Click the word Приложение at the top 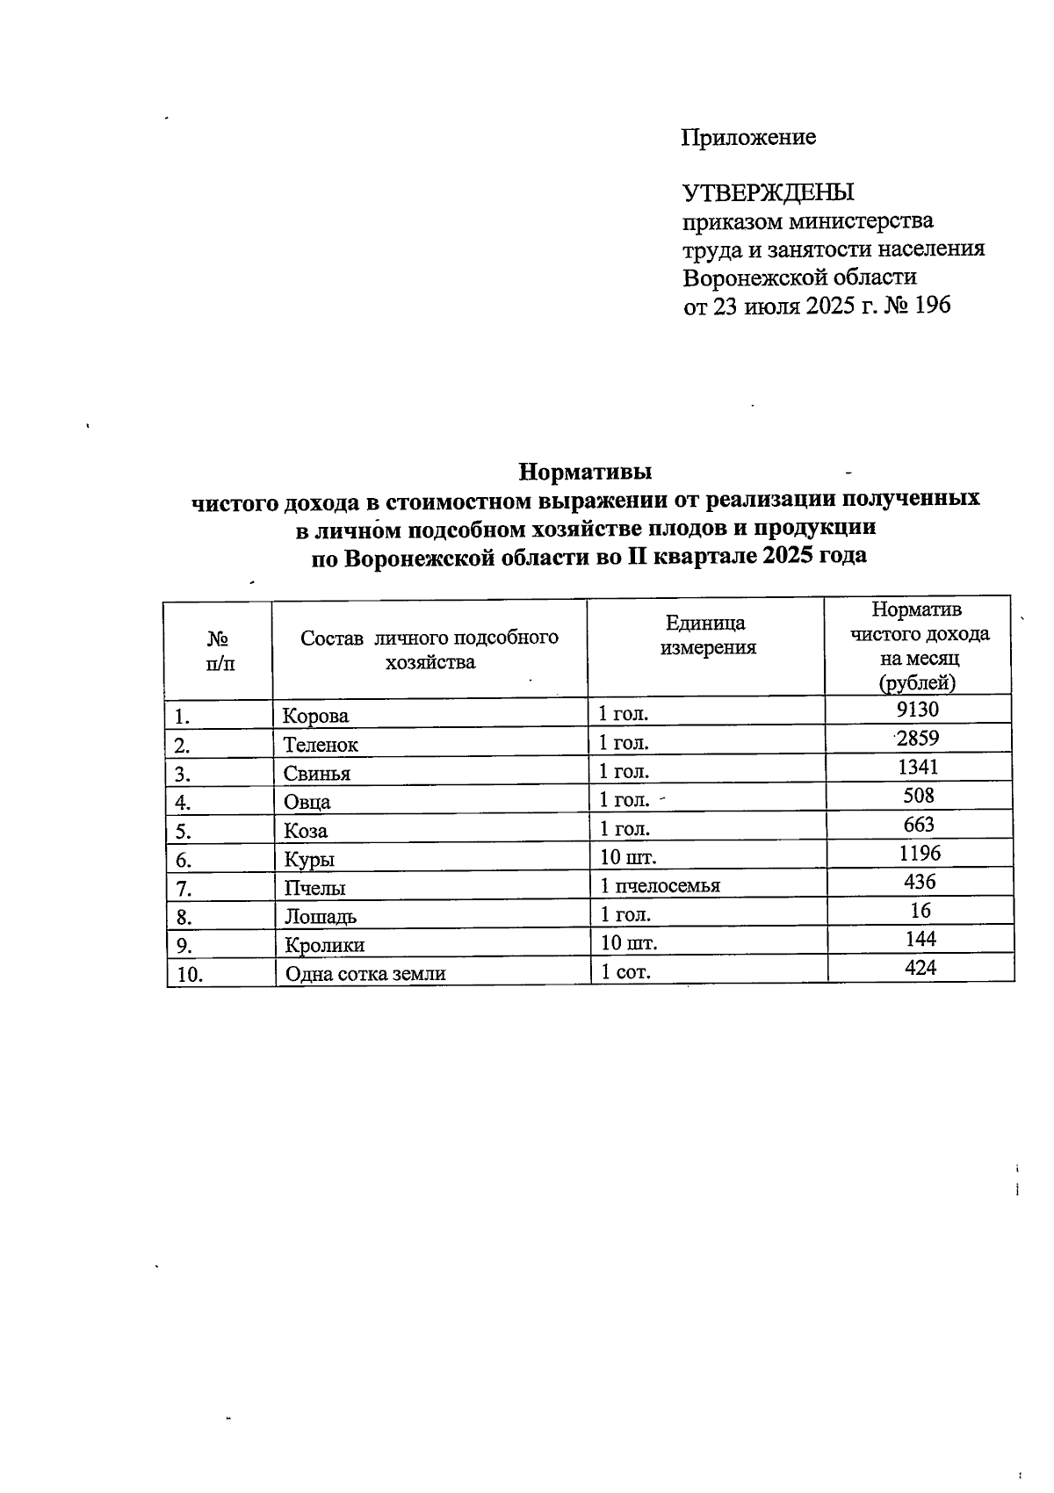748,137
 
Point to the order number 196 932,306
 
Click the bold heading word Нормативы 585,472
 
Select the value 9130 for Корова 920,709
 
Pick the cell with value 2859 919,738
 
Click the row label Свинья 316,774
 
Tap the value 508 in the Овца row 919,796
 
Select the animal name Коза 305,831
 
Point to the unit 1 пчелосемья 660,885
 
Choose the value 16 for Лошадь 920,910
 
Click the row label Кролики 323,946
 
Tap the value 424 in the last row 920,968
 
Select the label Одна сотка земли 365,974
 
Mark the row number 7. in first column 183,888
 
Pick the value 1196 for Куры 920,853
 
